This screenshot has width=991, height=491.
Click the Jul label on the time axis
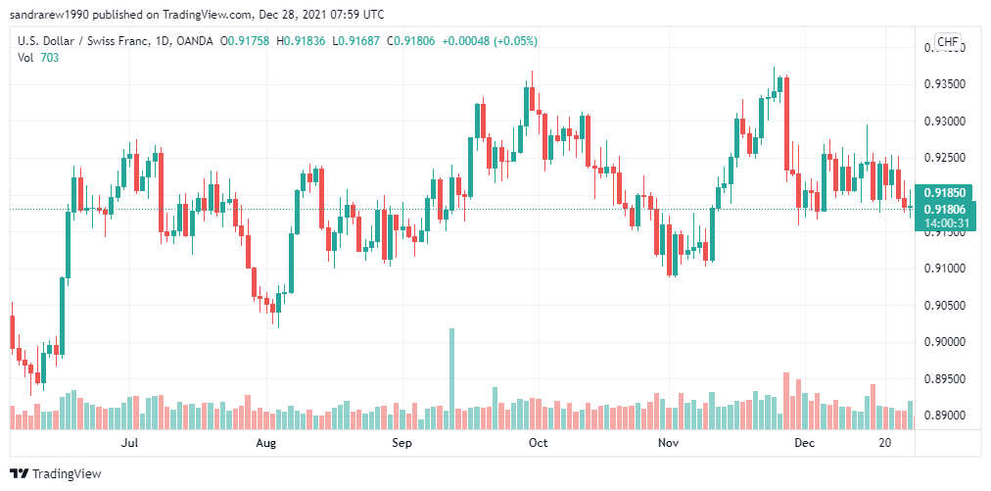click(x=128, y=443)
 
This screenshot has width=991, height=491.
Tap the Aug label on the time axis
click(x=265, y=443)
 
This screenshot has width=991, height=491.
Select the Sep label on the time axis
click(x=401, y=443)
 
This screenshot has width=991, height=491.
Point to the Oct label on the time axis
click(x=538, y=443)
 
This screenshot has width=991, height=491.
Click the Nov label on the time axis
click(x=668, y=443)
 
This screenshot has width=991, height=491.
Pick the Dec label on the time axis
click(x=804, y=443)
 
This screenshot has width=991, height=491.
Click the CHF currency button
click(x=948, y=41)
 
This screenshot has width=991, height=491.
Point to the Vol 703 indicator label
click(x=39, y=58)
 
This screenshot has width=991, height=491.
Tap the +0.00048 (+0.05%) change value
click(x=490, y=41)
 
